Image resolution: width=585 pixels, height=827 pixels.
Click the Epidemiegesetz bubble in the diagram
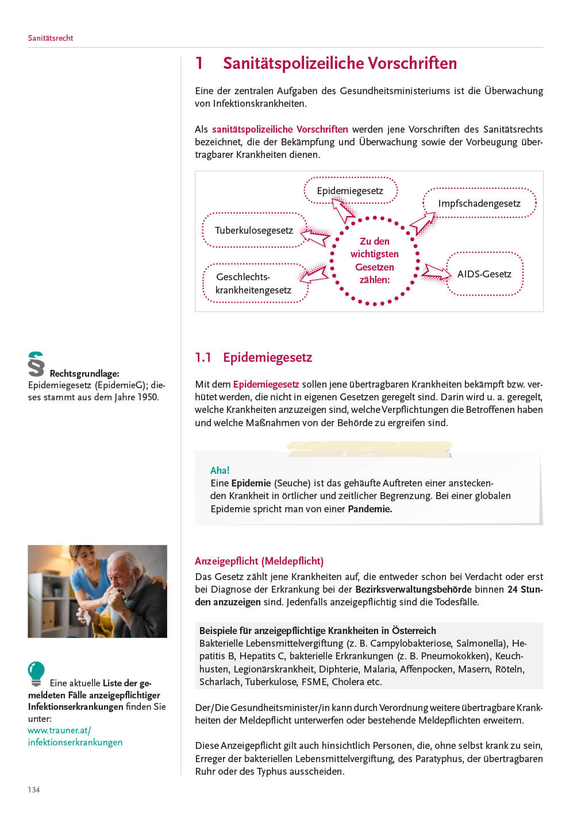pos(350,191)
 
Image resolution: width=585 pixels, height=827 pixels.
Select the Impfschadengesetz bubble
pos(479,203)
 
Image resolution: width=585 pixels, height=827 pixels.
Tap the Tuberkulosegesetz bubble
pos(254,230)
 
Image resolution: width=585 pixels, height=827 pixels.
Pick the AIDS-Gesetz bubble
pos(484,274)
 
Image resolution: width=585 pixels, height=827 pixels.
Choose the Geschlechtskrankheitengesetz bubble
pos(254,283)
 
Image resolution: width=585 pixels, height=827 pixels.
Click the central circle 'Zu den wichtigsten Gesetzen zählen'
pos(375,260)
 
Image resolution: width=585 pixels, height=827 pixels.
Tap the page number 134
pos(34,790)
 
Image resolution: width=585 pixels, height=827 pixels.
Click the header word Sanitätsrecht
pos(51,38)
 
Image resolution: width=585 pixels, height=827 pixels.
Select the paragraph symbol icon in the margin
pos(36,364)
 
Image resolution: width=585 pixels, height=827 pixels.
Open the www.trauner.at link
pos(60,731)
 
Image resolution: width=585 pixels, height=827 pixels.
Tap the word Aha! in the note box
pos(220,470)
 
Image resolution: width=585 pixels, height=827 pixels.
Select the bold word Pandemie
pos(370,509)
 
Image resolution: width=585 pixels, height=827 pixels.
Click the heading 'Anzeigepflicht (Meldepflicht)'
pos(259,561)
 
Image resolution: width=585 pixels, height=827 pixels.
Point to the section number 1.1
pos(203,357)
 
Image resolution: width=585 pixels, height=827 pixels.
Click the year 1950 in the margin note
pos(148,397)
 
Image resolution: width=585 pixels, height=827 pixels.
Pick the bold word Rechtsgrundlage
pos(84,373)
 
